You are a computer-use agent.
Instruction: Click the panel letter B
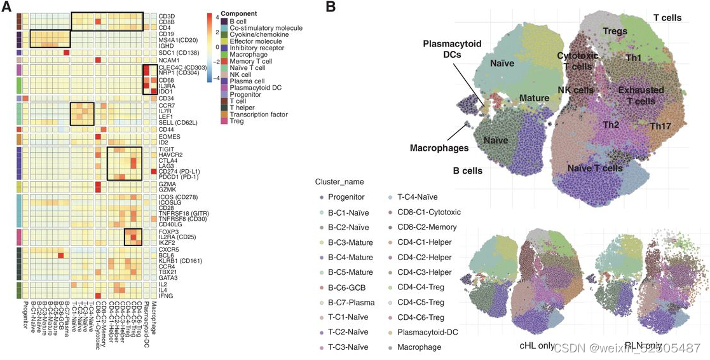point(331,7)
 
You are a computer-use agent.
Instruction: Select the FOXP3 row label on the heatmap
point(168,232)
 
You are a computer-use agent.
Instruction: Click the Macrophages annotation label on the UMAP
point(439,148)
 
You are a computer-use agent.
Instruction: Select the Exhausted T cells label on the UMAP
point(640,95)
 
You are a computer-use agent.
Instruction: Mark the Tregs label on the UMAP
point(615,31)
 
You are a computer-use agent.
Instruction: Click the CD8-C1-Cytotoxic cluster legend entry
point(429,211)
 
